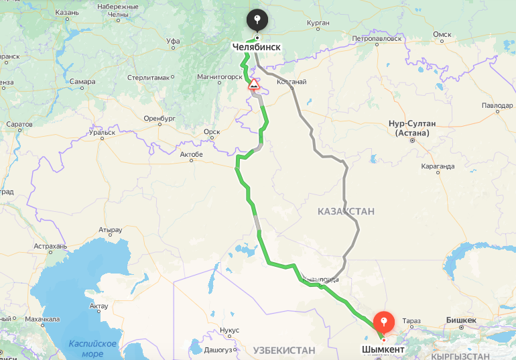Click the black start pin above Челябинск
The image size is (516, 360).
click(x=256, y=19)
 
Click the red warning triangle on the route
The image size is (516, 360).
click(x=254, y=85)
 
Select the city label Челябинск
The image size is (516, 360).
click(x=256, y=47)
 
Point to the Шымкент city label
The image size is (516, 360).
click(x=383, y=350)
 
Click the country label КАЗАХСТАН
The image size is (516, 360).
click(x=346, y=211)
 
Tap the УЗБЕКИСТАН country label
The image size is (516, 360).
click(x=283, y=350)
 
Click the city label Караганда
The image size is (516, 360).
click(x=438, y=164)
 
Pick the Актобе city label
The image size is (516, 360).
click(x=191, y=154)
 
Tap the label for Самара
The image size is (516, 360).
click(x=83, y=82)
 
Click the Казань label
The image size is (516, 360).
click(x=67, y=12)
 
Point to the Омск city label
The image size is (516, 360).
click(x=442, y=34)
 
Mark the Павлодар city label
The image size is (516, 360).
click(x=497, y=106)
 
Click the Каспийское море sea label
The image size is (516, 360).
click(x=92, y=348)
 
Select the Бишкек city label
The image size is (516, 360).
click(x=461, y=320)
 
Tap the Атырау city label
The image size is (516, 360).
click(x=111, y=230)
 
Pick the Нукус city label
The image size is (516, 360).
click(x=229, y=331)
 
